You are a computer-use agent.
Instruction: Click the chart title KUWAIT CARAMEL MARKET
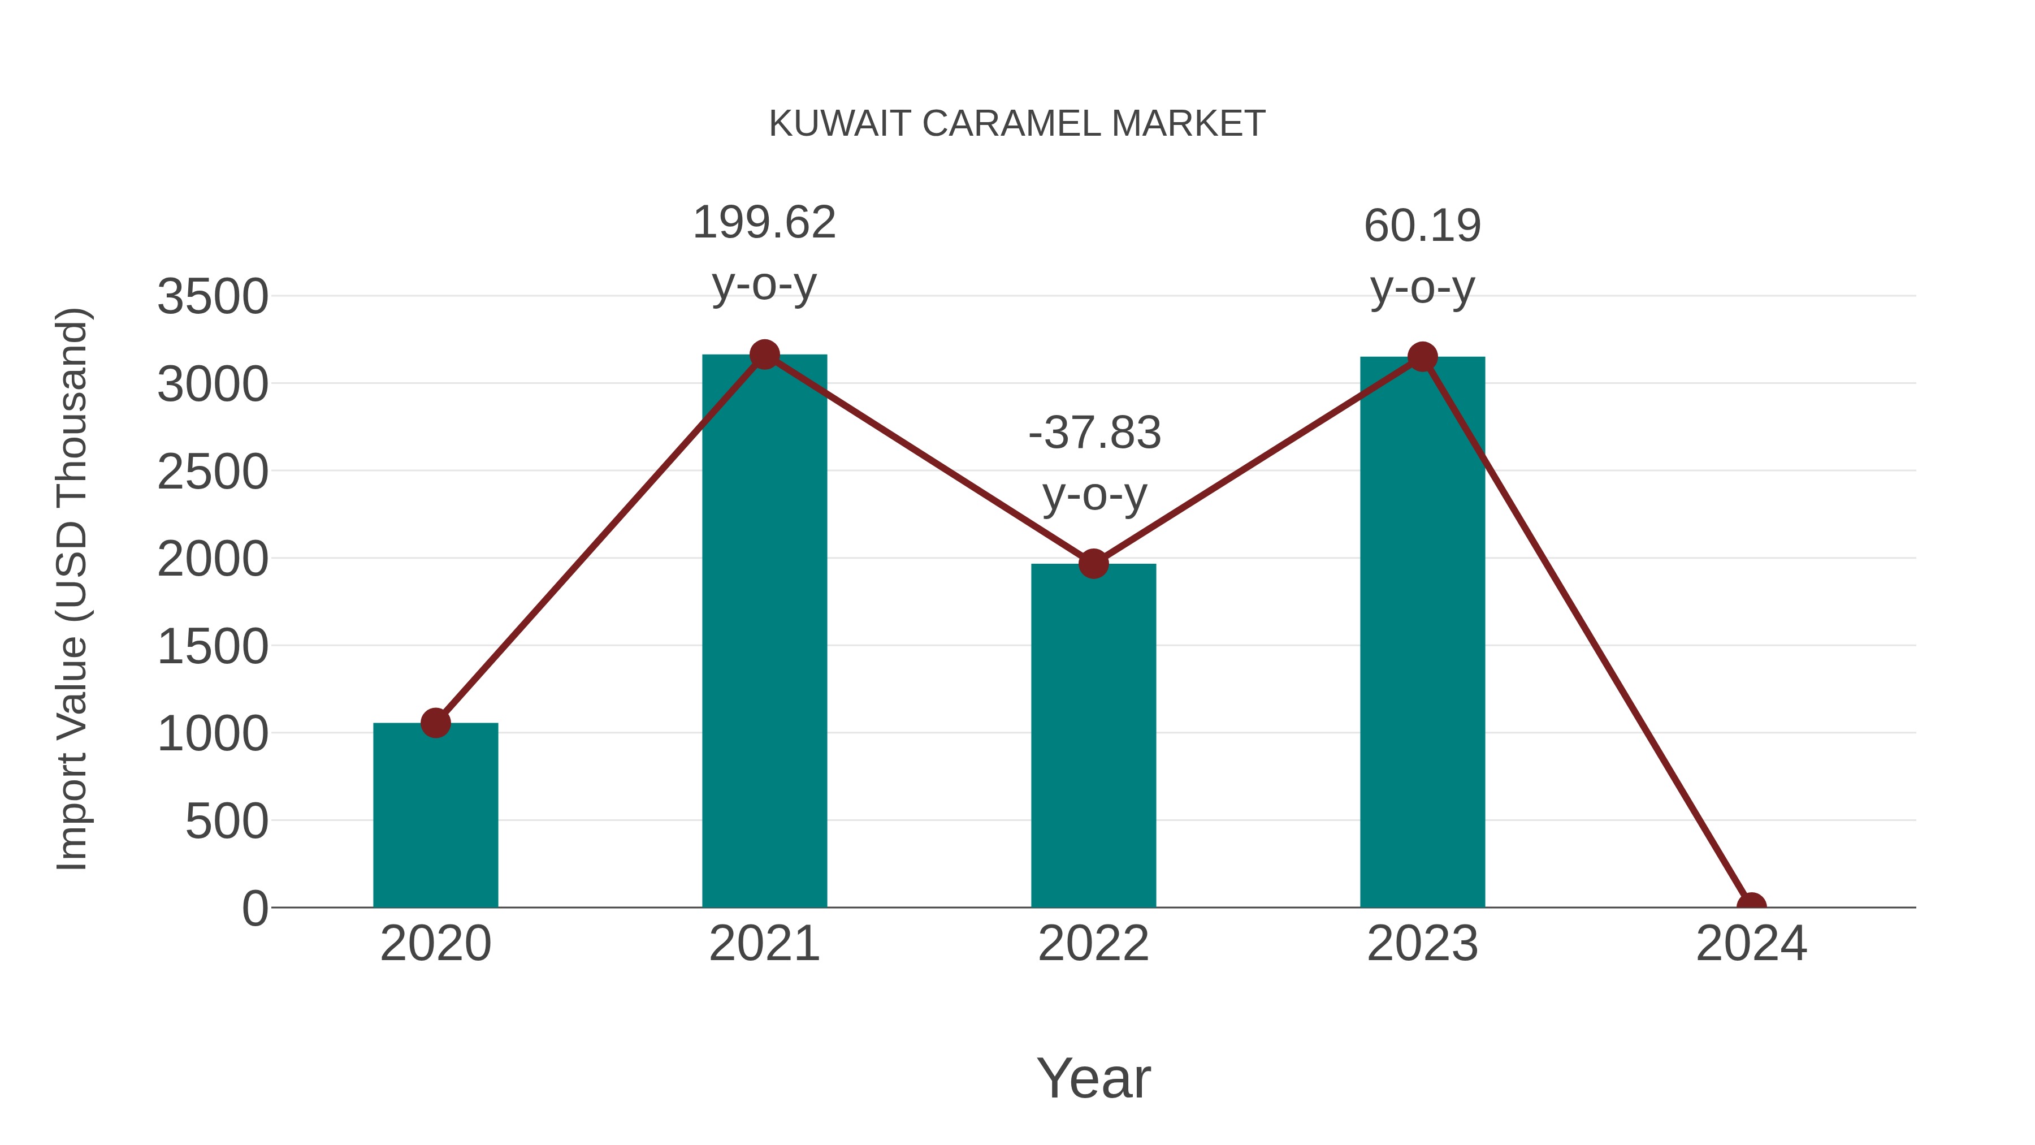click(1017, 124)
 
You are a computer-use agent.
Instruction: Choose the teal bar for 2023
click(1422, 632)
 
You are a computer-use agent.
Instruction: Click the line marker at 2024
click(1751, 906)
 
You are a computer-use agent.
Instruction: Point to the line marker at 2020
click(435, 722)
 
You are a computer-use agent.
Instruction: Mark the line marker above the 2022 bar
click(1093, 564)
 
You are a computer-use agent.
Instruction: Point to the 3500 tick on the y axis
click(213, 298)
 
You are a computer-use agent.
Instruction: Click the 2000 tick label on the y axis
click(213, 560)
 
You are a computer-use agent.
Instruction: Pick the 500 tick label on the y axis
click(227, 822)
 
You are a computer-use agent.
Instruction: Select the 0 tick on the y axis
click(255, 909)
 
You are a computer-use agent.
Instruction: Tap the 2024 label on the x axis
click(1751, 944)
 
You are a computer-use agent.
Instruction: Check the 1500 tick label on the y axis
click(213, 647)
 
